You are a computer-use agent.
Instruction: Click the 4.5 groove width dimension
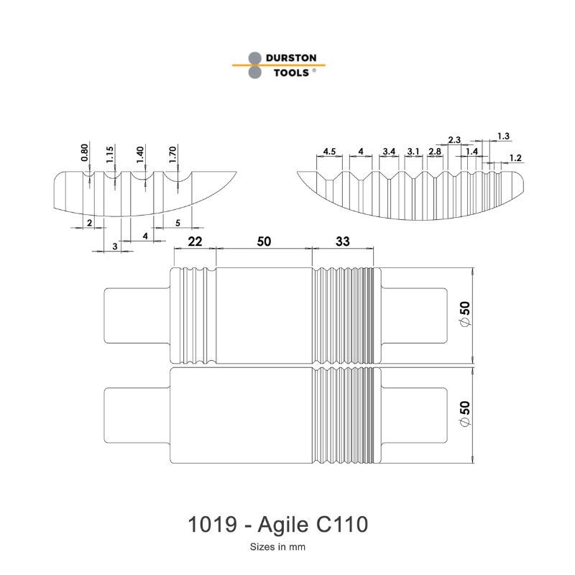(x=330, y=152)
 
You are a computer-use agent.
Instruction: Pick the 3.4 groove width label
(x=390, y=152)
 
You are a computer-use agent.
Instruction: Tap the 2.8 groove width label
(x=434, y=152)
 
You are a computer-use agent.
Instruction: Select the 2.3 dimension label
(x=454, y=139)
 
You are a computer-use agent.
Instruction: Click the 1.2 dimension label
(x=515, y=158)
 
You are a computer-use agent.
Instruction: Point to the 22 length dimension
(x=195, y=241)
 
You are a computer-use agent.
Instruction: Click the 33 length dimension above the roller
(x=342, y=241)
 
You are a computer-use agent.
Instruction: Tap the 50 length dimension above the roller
(x=264, y=241)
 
